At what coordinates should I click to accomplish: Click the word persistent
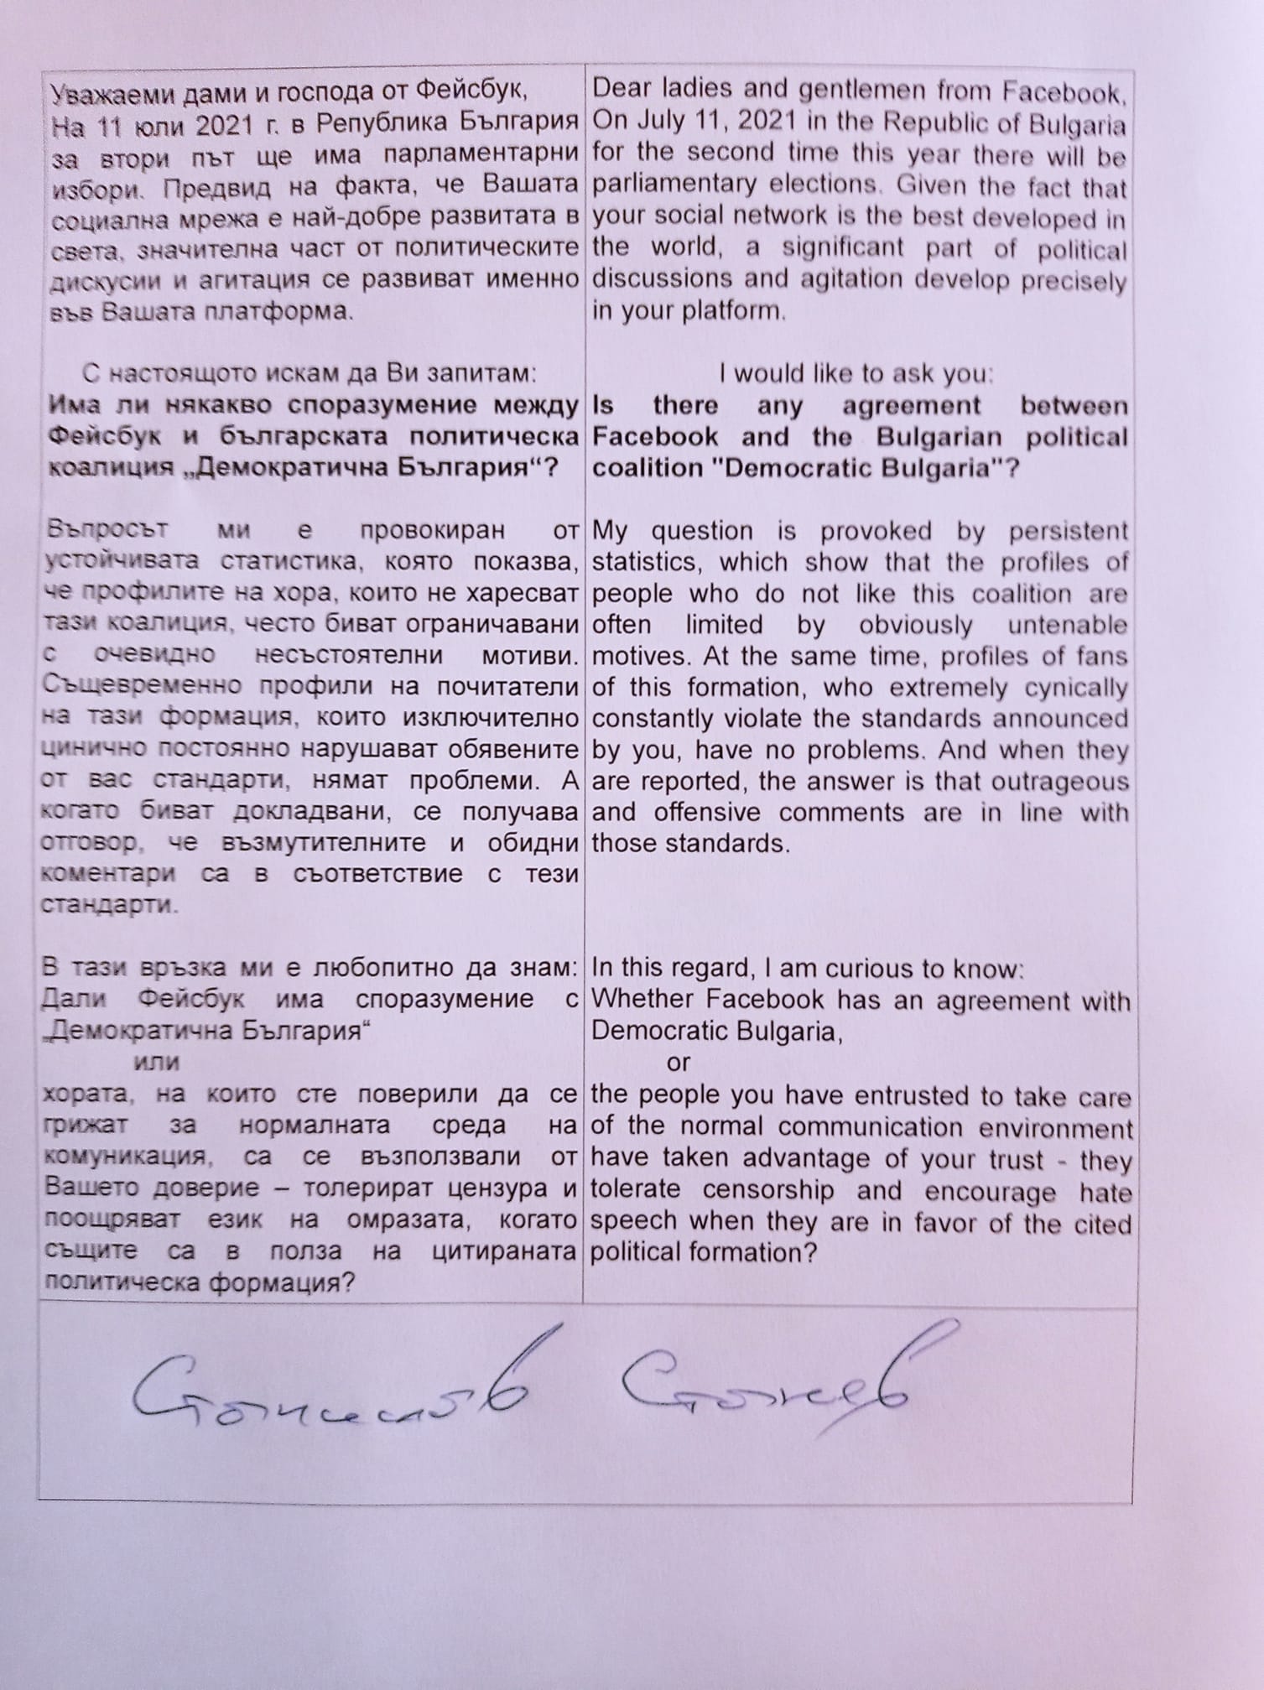(1068, 532)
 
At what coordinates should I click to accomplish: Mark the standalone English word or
(678, 1063)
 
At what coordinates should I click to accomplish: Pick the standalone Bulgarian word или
(157, 1062)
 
